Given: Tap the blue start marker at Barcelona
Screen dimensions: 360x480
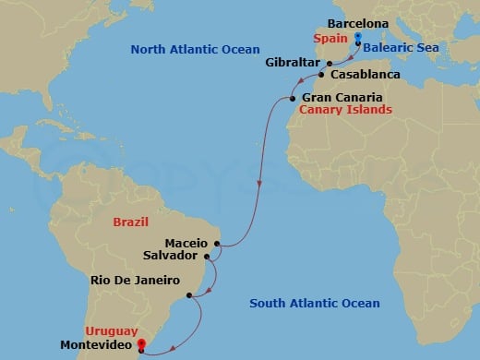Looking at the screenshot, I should [358, 39].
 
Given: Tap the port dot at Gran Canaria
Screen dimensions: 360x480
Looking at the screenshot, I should [293, 99].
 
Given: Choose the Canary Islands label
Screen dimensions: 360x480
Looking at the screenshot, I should [346, 110].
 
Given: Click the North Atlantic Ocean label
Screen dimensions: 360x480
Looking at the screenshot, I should [196, 49].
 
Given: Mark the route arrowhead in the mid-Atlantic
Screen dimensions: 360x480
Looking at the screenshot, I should [260, 182].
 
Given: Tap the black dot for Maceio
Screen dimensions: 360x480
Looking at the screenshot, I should [218, 245].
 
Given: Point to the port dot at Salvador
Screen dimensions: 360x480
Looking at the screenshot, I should [210, 258].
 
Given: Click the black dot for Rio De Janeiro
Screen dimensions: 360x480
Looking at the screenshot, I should [189, 295].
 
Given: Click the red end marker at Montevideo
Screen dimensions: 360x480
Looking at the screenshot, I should [141, 345].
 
